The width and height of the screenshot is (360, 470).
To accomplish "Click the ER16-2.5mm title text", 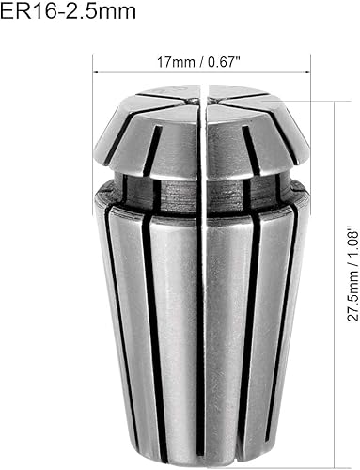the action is (x=68, y=11).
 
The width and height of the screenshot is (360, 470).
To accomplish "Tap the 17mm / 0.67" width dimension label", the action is (x=200, y=62).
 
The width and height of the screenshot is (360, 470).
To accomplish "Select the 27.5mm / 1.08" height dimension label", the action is (x=352, y=273).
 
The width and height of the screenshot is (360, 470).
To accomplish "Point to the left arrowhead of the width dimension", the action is (x=97, y=72).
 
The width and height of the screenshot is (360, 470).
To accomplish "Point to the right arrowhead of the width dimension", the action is (x=307, y=72).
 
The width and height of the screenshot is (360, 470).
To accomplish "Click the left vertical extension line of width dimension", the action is (x=93, y=134).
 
